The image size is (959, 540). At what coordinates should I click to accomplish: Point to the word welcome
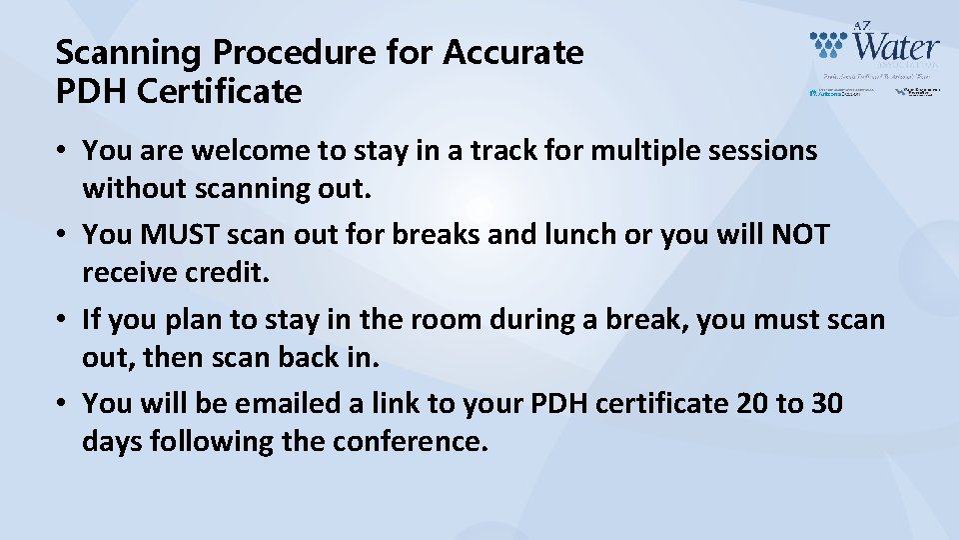point(237,151)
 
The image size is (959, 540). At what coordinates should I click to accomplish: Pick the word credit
point(229,272)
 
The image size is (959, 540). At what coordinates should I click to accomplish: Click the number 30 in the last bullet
point(825,404)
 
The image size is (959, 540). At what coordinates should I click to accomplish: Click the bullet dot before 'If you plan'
point(62,321)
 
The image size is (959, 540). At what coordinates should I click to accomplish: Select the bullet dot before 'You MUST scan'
point(62,236)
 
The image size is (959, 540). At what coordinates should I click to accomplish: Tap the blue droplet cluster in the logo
point(828,44)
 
